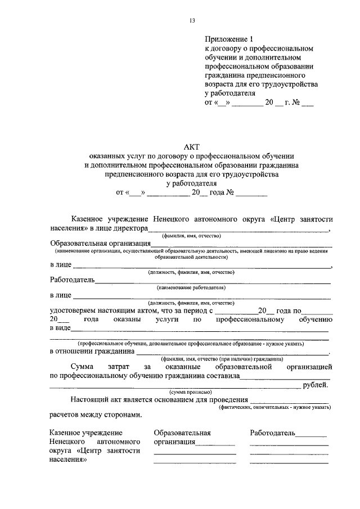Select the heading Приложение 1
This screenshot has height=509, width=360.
coord(229,39)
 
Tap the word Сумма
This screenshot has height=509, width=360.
coord(83,367)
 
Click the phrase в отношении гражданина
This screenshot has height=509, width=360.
coord(92,352)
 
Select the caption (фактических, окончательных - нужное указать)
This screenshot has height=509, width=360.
coord(274,407)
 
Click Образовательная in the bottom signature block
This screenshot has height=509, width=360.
coord(182,433)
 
